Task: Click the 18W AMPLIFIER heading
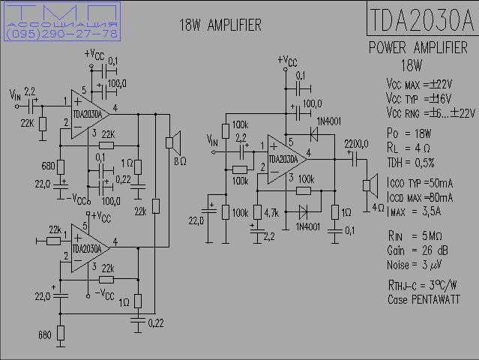click(x=220, y=25)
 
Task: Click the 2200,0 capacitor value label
click(x=356, y=143)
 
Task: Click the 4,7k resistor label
click(x=271, y=213)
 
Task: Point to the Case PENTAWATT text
click(x=424, y=299)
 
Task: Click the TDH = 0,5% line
click(x=411, y=162)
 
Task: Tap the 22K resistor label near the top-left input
click(x=27, y=122)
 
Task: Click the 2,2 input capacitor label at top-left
click(x=30, y=91)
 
